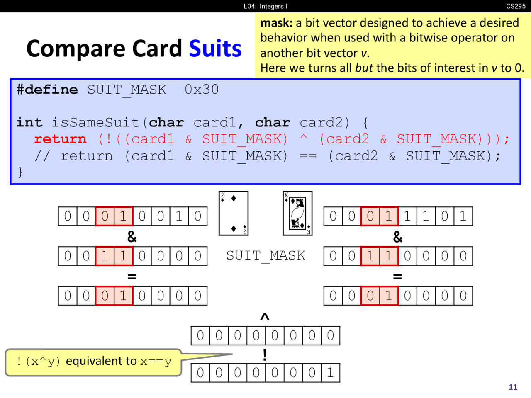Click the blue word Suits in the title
215,49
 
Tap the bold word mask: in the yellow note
276,23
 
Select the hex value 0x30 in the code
202,90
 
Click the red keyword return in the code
61,139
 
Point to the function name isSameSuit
95,122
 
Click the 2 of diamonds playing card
234,213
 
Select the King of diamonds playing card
297,213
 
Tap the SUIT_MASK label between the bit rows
265,256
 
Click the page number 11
513,387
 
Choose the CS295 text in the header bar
516,6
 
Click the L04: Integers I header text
265,6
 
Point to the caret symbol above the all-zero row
265,316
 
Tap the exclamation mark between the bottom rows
265,355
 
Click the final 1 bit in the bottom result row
331,373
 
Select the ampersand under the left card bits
132,237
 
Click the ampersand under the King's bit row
397,237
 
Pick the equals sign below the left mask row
132,277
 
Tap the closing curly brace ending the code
20,172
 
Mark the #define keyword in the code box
47,90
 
